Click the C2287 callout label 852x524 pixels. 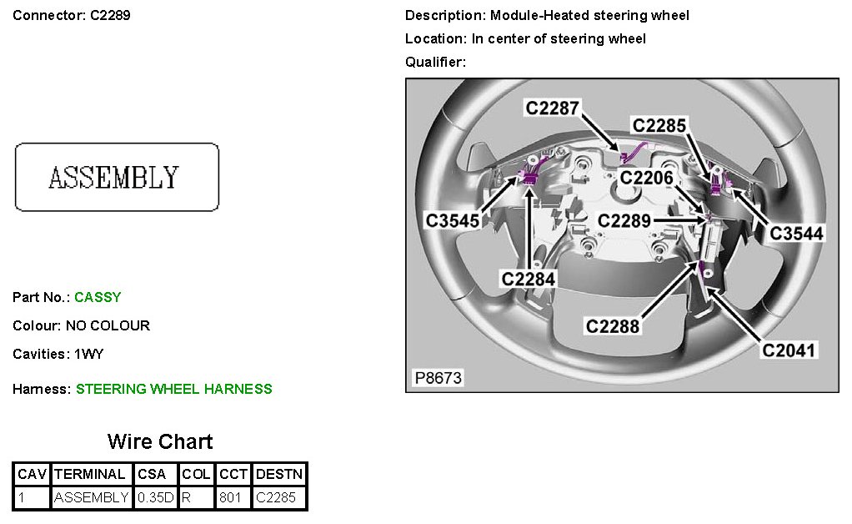point(551,108)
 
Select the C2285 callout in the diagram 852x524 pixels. point(659,125)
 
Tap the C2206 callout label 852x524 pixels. point(645,178)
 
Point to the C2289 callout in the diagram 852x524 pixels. point(625,220)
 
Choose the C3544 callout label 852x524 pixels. point(796,233)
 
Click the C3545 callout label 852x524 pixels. point(453,220)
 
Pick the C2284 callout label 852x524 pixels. point(528,277)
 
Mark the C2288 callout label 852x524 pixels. point(613,325)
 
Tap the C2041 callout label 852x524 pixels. point(789,350)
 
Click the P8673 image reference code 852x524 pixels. point(439,378)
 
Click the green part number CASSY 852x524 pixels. point(98,297)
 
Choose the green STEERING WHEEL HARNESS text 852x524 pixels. point(173,389)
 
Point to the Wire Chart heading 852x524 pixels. point(160,441)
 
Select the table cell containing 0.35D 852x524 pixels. point(156,498)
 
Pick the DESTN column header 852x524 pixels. point(279,474)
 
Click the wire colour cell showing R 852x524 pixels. point(197,498)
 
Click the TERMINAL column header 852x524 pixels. point(91,474)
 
